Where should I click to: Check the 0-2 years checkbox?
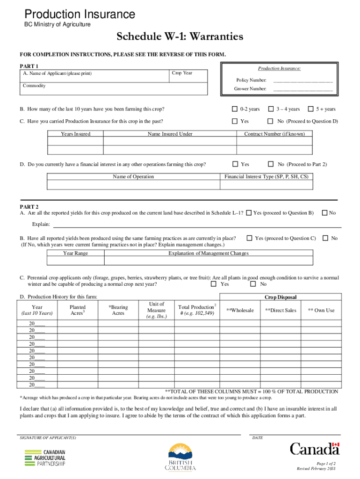[x=235, y=109]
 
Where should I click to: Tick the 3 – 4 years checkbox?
[x=271, y=109]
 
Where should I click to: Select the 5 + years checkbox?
[x=310, y=109]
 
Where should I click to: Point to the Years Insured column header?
[x=75, y=134]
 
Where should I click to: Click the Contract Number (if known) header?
[x=274, y=134]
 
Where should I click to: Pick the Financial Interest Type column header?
[x=266, y=177]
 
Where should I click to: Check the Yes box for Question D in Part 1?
[x=235, y=164]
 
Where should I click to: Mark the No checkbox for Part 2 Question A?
[x=324, y=213]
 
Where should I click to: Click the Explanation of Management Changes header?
[x=208, y=253]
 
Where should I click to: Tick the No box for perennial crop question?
[x=253, y=284]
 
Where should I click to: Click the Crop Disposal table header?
[x=281, y=297]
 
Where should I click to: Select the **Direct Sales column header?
[x=281, y=310]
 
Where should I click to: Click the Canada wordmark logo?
[x=314, y=449]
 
